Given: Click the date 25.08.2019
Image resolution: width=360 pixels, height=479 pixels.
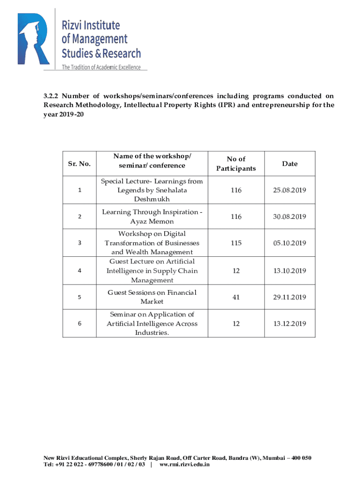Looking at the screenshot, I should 289,190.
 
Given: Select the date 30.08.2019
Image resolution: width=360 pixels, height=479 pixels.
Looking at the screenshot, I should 289,217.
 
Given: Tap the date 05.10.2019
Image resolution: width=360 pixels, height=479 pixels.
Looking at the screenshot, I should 289,243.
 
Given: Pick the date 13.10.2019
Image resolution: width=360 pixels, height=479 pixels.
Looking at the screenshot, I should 289,271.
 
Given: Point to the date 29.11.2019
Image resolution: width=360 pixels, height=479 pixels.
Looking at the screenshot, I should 289,297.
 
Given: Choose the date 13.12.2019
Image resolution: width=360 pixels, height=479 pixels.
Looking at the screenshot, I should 289,324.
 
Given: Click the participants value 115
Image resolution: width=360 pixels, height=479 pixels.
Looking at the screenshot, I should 236,243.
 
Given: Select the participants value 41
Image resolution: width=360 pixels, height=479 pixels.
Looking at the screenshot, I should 236,297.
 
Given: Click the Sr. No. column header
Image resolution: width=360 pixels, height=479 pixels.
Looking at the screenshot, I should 79,164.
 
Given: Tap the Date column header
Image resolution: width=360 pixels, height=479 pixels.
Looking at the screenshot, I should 289,164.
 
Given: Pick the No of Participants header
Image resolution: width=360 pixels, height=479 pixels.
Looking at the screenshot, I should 236,164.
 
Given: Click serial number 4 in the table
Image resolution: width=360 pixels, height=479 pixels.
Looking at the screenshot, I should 79,271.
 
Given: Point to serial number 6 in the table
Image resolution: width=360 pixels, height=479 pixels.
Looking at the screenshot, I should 79,324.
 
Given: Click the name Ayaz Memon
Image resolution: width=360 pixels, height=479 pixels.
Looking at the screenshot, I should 152,221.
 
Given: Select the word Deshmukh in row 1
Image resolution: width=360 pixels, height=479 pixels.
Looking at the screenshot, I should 152,200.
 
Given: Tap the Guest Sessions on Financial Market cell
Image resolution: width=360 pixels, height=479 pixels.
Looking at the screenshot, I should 152,297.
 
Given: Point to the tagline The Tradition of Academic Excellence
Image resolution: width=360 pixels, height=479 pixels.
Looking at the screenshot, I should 101,67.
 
